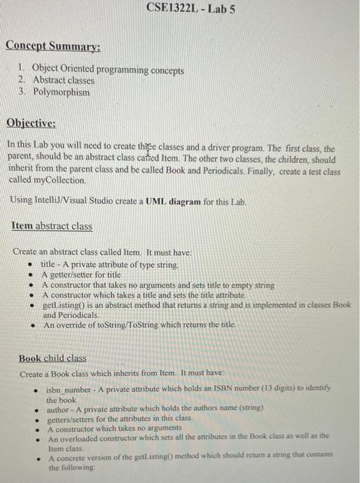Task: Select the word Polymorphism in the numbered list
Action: [61, 91]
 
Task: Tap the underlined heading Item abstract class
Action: [52, 226]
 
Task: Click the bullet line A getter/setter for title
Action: [81, 275]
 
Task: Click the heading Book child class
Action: [52, 358]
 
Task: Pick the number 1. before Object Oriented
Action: [23, 70]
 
